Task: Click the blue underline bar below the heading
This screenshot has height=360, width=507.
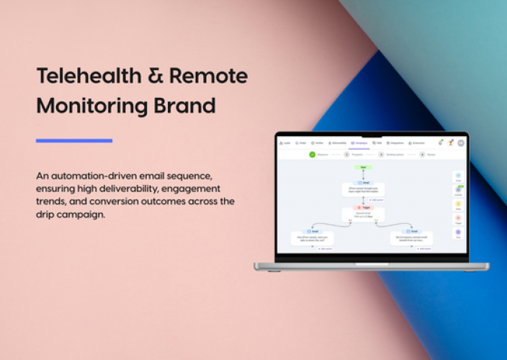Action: pyautogui.click(x=74, y=140)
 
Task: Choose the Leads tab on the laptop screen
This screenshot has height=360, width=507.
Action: pyautogui.click(x=286, y=143)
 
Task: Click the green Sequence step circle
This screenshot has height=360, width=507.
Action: pyautogui.click(x=313, y=154)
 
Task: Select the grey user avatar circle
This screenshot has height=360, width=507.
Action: pyautogui.click(x=460, y=143)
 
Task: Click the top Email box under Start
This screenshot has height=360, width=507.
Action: pyautogui.click(x=362, y=189)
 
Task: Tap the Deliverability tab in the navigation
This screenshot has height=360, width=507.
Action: pyautogui.click(x=338, y=143)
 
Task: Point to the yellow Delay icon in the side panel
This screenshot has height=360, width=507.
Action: pyautogui.click(x=458, y=204)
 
